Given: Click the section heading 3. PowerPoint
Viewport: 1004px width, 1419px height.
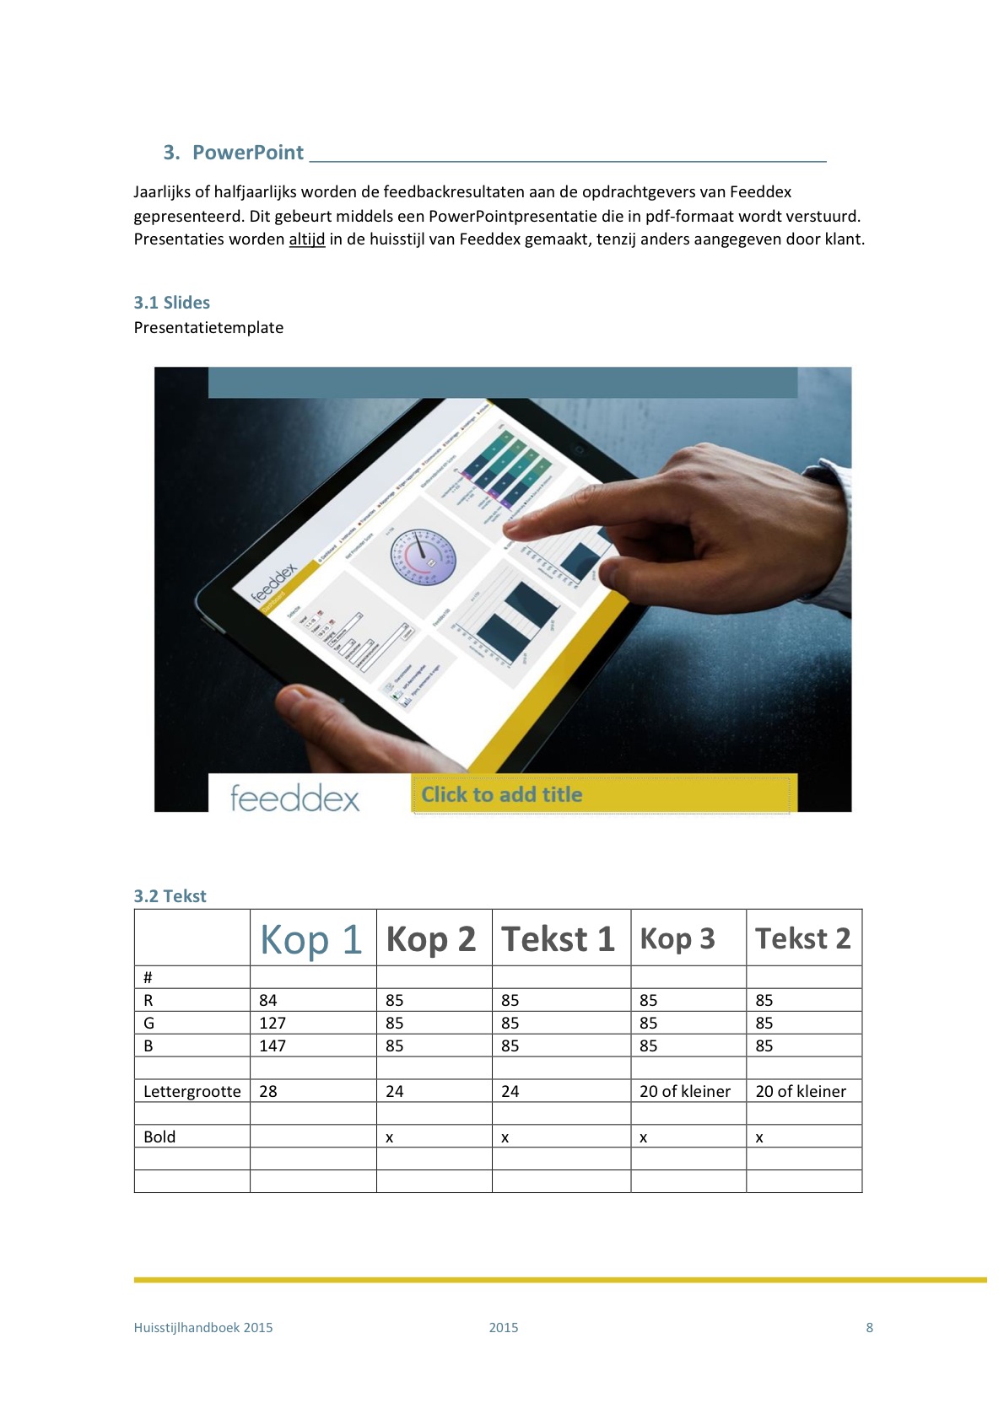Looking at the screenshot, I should point(234,153).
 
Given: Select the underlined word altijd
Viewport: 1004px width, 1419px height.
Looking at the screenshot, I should point(306,239).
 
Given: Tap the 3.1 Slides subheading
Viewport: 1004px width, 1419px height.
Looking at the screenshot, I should point(171,303).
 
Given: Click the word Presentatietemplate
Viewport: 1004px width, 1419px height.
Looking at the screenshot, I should point(208,328).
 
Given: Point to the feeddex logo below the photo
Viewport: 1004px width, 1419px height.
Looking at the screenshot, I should point(294,798).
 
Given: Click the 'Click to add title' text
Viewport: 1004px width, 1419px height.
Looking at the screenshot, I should point(501,795).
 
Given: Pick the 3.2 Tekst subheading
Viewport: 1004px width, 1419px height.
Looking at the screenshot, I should point(170,896).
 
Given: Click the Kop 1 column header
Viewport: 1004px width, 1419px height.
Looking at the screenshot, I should point(310,939).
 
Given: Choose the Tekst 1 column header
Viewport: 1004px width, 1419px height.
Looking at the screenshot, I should point(558,939).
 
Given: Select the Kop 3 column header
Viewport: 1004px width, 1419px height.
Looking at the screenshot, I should point(677,939).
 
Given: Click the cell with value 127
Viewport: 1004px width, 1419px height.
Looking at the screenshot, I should point(273,1023).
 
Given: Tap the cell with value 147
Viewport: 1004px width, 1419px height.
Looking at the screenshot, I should point(273,1045).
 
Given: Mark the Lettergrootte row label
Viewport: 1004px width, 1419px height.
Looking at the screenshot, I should point(192,1091).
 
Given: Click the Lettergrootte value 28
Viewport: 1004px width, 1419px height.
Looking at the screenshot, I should point(268,1091).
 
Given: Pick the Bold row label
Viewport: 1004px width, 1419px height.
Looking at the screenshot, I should point(159,1137).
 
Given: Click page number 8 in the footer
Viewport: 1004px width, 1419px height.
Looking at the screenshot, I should point(869,1327).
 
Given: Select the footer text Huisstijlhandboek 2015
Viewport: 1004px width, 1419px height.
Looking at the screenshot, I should point(203,1327).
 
